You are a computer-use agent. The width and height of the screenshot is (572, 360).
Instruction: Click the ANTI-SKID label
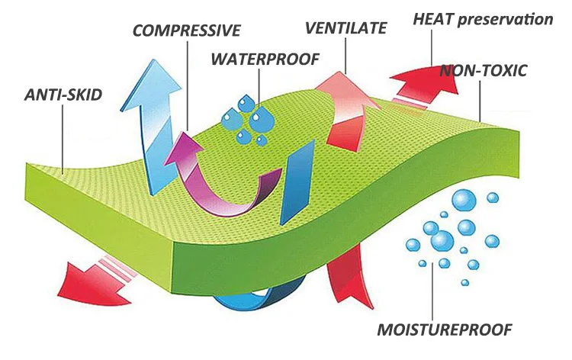tap(63, 96)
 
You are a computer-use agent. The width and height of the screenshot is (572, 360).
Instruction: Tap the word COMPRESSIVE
tap(187, 31)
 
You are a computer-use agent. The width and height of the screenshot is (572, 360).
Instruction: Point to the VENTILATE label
tap(346, 29)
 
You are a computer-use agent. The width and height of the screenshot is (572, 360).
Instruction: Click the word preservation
tap(506, 19)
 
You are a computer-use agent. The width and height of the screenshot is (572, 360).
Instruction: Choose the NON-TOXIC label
tap(484, 72)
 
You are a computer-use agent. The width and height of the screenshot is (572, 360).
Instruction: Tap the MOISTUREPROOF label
tap(445, 330)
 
